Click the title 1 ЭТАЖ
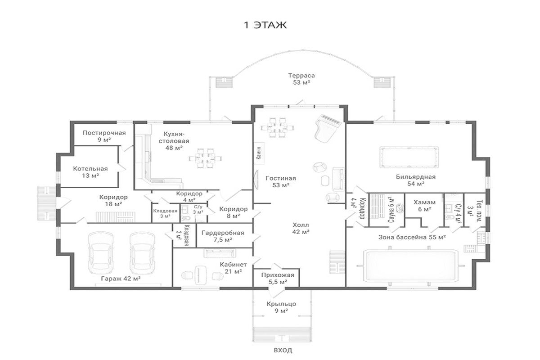tap(265, 25)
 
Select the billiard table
tap(409, 157)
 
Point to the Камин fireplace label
tap(259, 153)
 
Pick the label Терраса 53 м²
tap(301, 79)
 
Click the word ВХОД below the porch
tap(283, 350)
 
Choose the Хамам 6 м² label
tap(424, 206)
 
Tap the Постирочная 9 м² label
tap(104, 136)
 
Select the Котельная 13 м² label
tap(90, 172)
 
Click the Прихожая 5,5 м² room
tap(276, 278)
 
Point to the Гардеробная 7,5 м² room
tap(225, 236)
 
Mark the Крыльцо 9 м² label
tap(281, 307)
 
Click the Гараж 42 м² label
tap(121, 279)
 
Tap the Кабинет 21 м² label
tap(233, 268)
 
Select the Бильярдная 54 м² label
tap(416, 180)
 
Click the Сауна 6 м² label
tap(391, 210)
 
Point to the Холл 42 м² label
tap(301, 228)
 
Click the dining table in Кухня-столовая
tap(205, 158)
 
